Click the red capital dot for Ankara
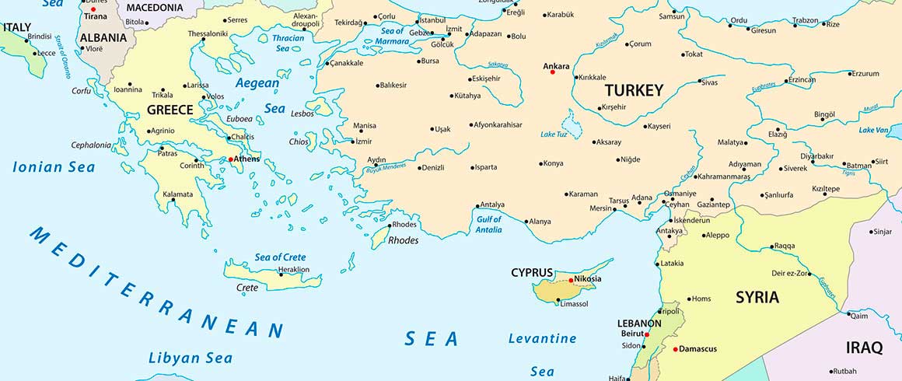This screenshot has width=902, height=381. pos(552,72)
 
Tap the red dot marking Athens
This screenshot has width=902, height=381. pos(231,159)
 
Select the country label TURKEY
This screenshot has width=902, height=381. pos(634,90)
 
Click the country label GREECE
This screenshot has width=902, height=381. pos(170,110)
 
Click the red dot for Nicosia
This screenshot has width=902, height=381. pos(571,280)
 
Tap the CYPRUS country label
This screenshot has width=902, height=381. pos(532,273)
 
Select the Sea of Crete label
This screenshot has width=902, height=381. pos(280,257)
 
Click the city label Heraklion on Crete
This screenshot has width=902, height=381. pos(294,270)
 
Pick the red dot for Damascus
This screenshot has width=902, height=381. pos(676,349)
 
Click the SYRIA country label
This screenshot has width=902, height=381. pos(757,298)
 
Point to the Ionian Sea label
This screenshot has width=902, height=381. pos(54,167)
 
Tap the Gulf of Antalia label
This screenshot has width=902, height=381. pos(488,224)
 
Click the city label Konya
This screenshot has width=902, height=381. pos(553,163)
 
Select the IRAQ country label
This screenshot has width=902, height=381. pos(864,348)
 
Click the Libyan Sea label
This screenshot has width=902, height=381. pos(190,358)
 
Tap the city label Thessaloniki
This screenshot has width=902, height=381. pos(208,33)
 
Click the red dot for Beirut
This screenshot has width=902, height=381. pos(647,335)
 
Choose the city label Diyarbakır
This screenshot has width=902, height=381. pos(833,156)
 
